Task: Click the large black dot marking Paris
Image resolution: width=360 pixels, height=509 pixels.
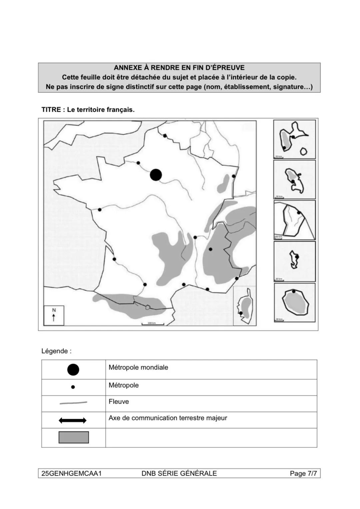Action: (x=156, y=175)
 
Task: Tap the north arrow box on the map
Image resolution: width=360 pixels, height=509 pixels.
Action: (x=54, y=315)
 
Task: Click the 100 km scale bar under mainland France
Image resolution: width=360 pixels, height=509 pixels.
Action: (x=152, y=324)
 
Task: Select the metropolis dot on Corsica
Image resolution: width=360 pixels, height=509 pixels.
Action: (x=241, y=313)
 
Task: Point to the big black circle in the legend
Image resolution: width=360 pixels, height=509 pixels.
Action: (x=73, y=369)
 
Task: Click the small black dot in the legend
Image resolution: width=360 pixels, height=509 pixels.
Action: (x=73, y=387)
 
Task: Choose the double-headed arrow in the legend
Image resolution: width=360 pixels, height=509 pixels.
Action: (x=73, y=420)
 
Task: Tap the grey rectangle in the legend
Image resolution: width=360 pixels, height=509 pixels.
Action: (x=74, y=437)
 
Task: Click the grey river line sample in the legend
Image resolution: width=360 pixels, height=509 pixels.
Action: (x=73, y=403)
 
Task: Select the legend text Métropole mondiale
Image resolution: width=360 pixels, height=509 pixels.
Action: (x=138, y=367)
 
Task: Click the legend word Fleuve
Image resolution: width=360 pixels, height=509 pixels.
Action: (x=119, y=401)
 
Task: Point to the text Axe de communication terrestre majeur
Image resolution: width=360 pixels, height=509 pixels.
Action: (x=168, y=418)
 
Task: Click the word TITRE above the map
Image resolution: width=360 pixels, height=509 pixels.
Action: (x=51, y=110)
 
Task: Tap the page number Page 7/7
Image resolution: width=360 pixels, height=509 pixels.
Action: (x=303, y=473)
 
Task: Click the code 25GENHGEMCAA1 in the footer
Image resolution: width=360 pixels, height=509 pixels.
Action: (x=71, y=473)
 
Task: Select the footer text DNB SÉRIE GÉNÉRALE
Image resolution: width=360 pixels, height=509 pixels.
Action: (x=179, y=473)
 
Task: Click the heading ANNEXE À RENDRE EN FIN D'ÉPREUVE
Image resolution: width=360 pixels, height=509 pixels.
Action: (x=179, y=68)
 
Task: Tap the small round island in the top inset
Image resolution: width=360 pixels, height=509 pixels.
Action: (x=303, y=152)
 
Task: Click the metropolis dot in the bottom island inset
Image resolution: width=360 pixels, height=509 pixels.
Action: (x=294, y=291)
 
